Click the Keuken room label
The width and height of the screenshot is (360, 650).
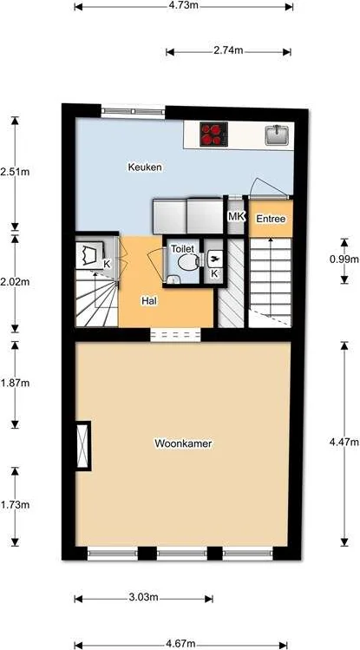coord(145,167)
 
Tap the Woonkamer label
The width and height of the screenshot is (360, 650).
coord(183,443)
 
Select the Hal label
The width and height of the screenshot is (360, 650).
coord(148,301)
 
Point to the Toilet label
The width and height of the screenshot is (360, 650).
coord(182,248)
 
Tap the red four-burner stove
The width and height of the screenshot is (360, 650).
coord(213,134)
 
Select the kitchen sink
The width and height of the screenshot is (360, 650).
coord(276,134)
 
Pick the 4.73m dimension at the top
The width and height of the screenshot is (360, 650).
coord(183,5)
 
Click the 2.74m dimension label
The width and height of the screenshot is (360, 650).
coord(229,51)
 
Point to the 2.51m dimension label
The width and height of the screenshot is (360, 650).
coord(15,171)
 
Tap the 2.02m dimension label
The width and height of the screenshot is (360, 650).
coord(15,282)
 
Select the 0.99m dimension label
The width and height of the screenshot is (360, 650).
coord(344,259)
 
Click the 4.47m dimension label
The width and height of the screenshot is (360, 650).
coord(344,442)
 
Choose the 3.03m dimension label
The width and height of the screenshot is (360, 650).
coord(143,597)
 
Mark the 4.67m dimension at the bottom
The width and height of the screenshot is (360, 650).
coord(180,644)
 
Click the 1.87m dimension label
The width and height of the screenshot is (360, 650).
coord(15,383)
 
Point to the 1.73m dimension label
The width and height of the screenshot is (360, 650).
coord(15,504)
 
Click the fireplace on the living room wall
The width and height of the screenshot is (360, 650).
coord(82,445)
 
